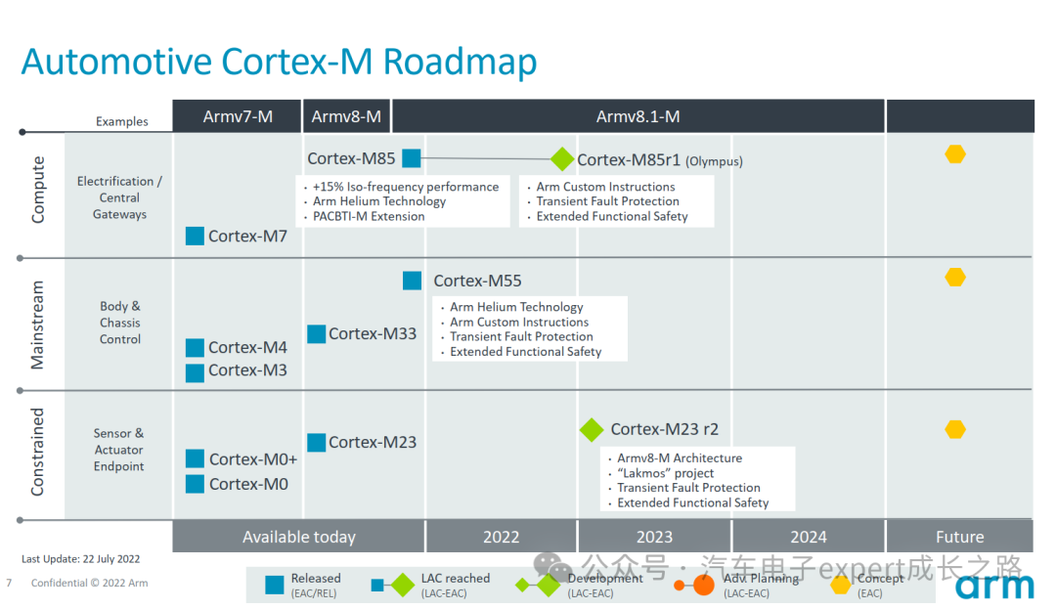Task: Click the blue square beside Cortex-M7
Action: [x=195, y=236]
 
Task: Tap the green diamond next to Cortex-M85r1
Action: [x=562, y=159]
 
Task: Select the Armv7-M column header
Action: [x=238, y=117]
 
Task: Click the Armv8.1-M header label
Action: [x=638, y=117]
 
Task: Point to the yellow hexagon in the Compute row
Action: [x=955, y=154]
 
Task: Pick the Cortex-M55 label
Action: [x=477, y=281]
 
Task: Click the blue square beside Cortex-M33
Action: [x=316, y=333]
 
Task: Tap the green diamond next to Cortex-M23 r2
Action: [x=592, y=429]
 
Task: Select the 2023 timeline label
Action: [x=654, y=537]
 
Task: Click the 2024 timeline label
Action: [x=808, y=537]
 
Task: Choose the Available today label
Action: [x=299, y=537]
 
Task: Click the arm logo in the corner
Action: [x=994, y=586]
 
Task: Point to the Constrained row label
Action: [x=38, y=452]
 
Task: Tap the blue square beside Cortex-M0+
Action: [x=195, y=458]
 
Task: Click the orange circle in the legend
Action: [x=703, y=586]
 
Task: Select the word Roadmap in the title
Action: [x=460, y=62]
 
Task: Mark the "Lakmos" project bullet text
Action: [x=665, y=473]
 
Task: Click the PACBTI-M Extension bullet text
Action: [x=369, y=216]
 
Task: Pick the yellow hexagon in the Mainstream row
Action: [x=955, y=278]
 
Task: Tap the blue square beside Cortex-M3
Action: [x=195, y=371]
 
